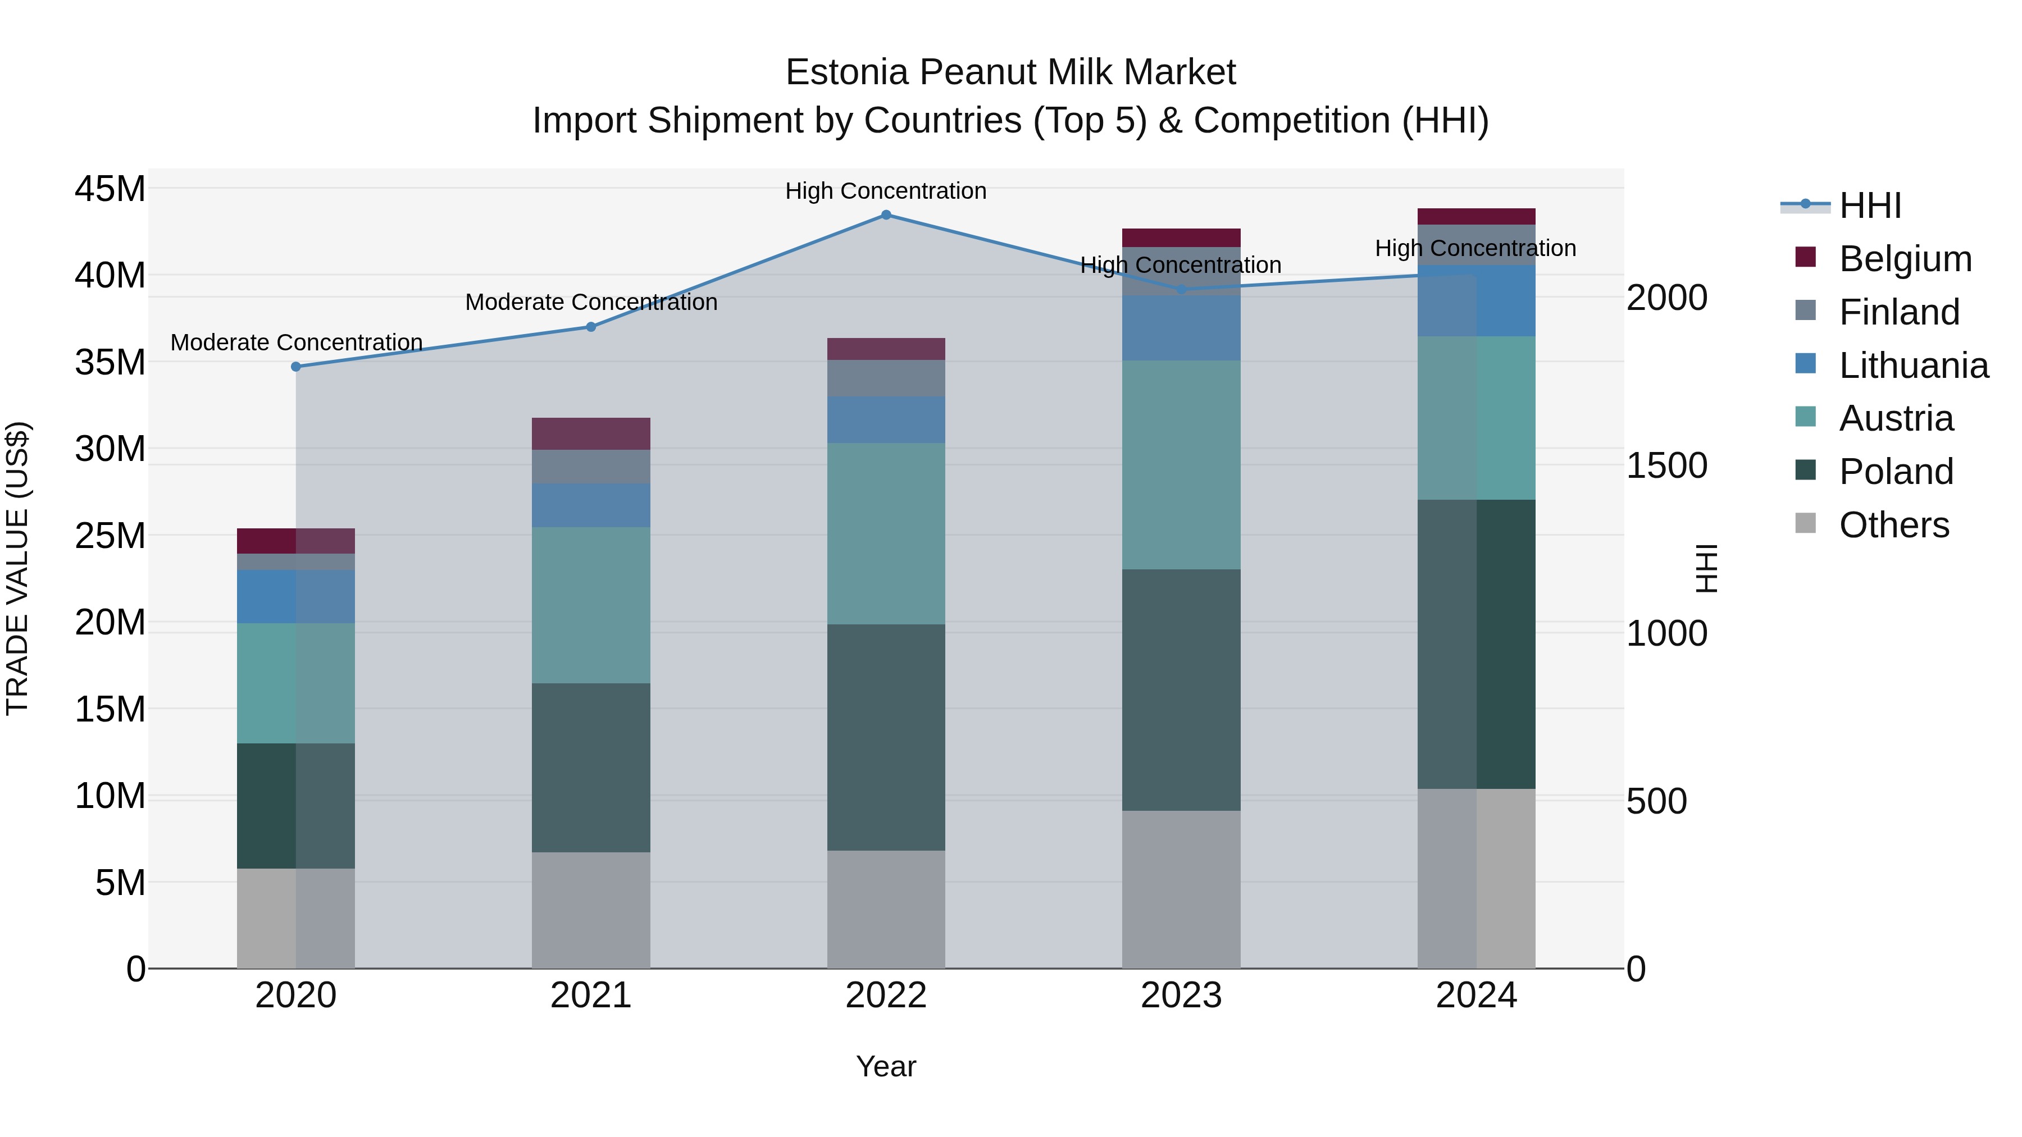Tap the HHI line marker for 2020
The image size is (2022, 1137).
(296, 367)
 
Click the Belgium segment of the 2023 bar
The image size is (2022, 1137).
(1181, 238)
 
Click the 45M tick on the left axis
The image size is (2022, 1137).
(110, 189)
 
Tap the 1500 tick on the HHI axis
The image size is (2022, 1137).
(1666, 465)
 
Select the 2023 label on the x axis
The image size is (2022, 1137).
(1181, 996)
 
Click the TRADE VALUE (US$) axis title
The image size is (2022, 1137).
(17, 568)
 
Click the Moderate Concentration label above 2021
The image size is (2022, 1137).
(591, 302)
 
